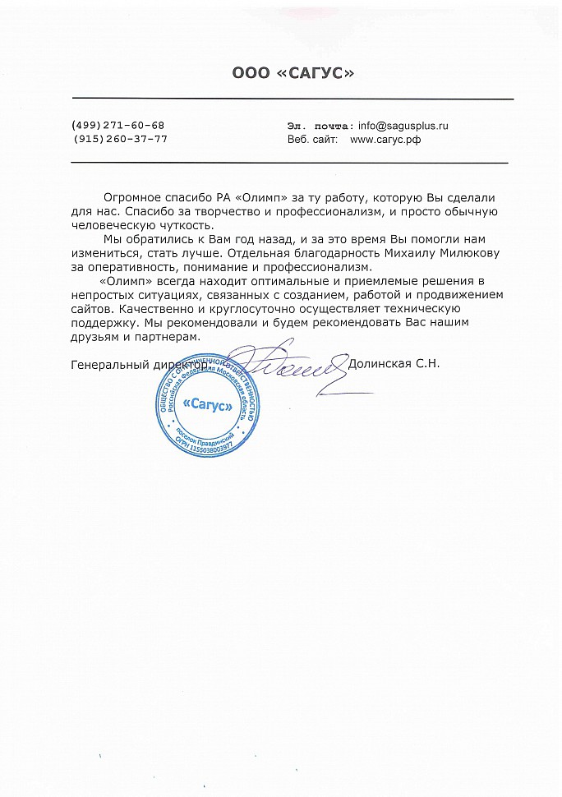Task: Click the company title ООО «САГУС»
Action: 293,75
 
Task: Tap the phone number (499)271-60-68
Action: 118,125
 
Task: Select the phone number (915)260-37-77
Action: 120,139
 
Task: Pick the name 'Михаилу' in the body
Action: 391,254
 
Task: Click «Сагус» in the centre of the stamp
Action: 206,404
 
